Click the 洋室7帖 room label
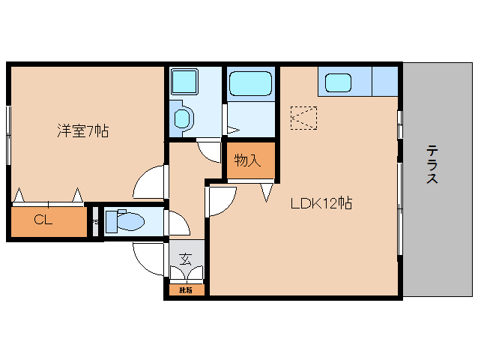pyautogui.click(x=83, y=131)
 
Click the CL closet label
pyautogui.click(x=43, y=220)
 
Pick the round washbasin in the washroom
pyautogui.click(x=182, y=118)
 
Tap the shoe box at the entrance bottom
pyautogui.click(x=185, y=289)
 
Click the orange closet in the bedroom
pyautogui.click(x=48, y=221)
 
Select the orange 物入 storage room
pyautogui.click(x=250, y=162)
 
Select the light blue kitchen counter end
pyautogui.click(x=385, y=81)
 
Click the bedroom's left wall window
pyautogui.click(x=8, y=135)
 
